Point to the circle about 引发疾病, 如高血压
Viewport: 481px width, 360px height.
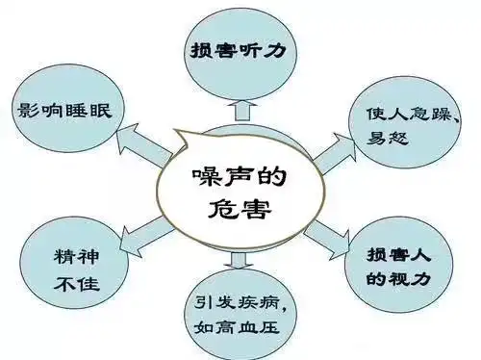[238, 314]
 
